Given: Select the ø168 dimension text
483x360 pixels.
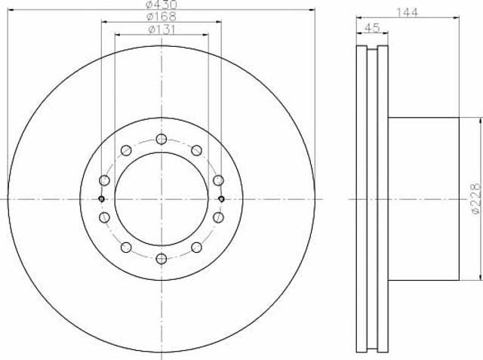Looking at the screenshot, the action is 161,17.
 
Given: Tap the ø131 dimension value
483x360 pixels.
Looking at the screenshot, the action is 162,29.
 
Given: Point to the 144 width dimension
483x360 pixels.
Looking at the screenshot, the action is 408,12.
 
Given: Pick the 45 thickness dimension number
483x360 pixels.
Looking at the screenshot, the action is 371,28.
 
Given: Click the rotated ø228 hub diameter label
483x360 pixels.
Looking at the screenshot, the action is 476,198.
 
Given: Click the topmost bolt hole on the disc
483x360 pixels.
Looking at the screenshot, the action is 162,139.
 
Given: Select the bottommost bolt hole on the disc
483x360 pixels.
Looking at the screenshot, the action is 162,259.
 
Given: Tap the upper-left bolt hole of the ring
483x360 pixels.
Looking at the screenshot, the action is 126,150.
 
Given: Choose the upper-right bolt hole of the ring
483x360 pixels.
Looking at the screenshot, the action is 196,150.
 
